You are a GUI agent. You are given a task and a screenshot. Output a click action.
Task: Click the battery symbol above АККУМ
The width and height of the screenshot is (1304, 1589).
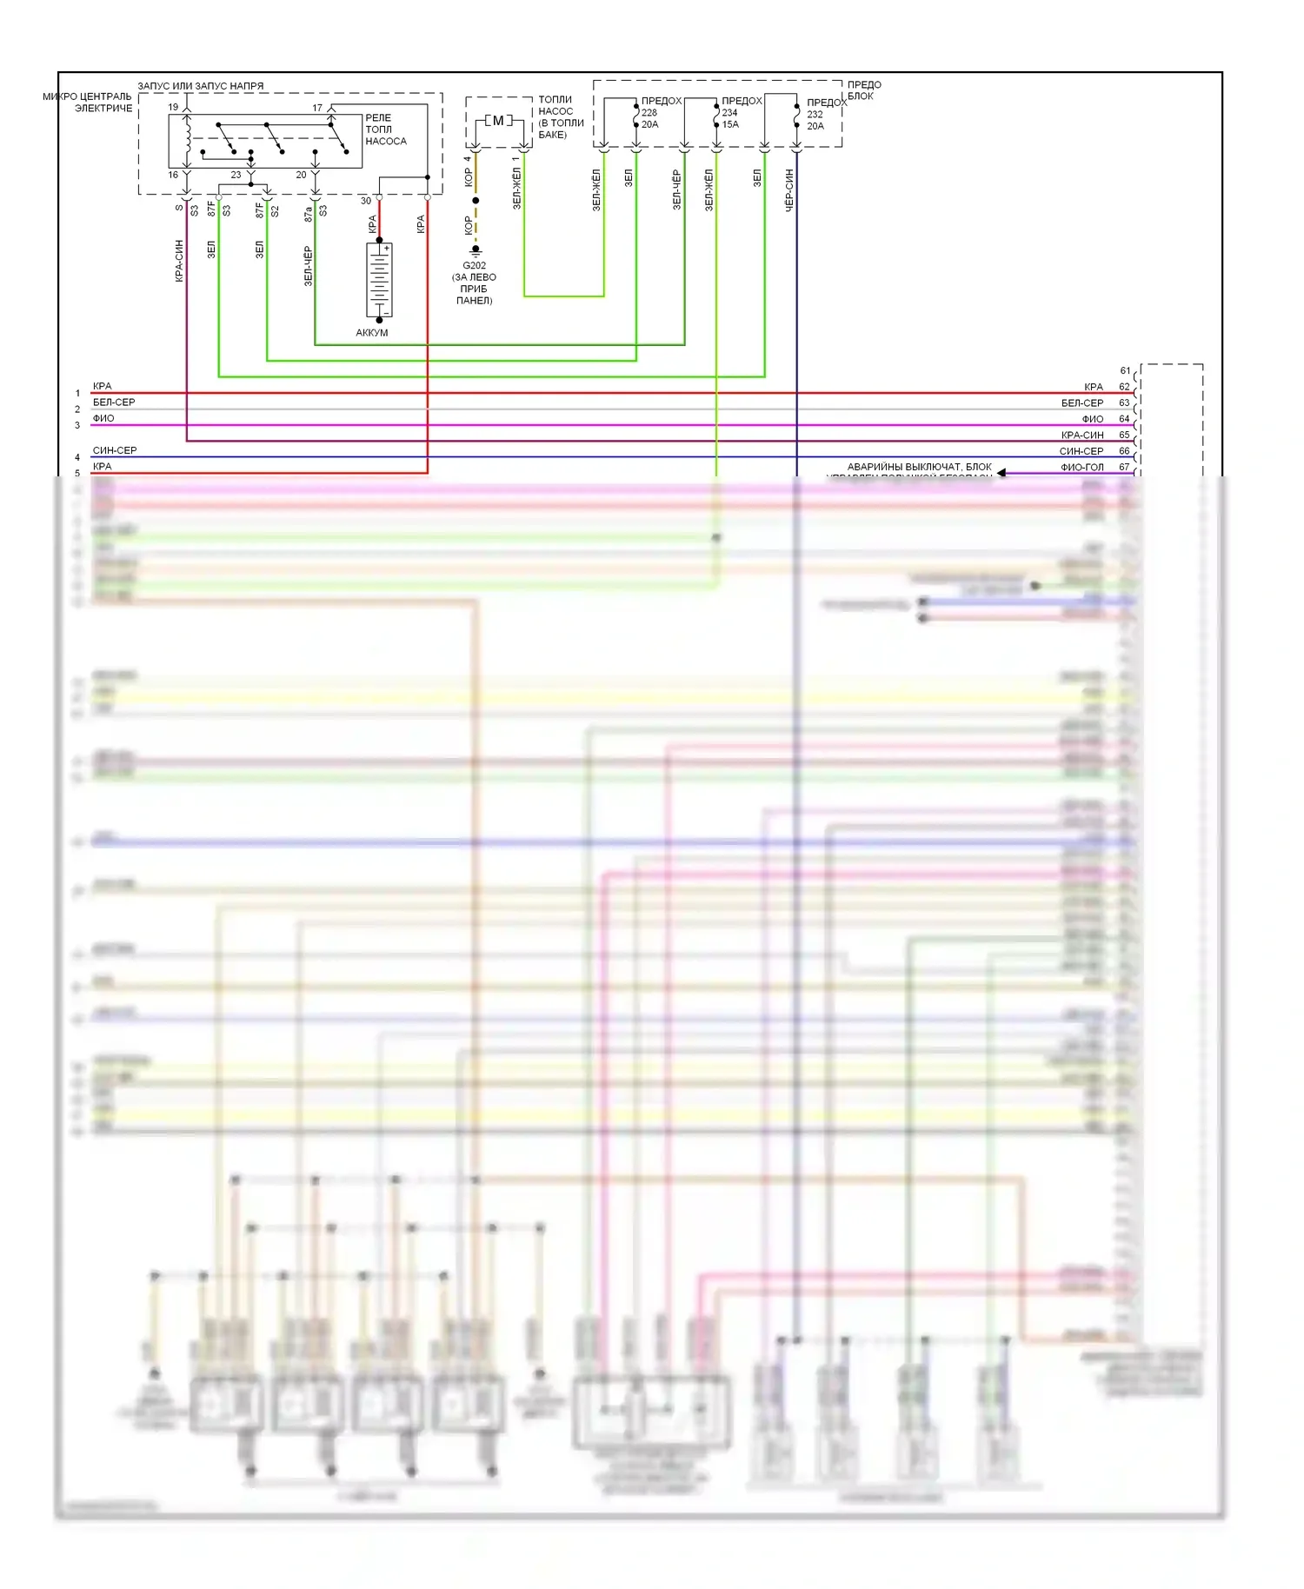point(379,279)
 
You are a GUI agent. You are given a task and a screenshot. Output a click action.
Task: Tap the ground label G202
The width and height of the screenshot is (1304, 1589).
point(475,265)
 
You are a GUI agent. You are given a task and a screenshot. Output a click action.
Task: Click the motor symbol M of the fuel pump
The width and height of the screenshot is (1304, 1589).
point(498,121)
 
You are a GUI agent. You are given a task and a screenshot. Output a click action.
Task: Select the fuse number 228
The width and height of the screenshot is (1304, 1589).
point(649,113)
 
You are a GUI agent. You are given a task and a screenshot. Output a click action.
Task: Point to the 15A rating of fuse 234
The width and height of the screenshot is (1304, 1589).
point(730,124)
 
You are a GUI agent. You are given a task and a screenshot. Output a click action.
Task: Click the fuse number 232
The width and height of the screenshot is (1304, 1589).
point(815,115)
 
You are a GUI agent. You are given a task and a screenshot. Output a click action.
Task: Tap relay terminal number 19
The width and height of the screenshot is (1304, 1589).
point(173,108)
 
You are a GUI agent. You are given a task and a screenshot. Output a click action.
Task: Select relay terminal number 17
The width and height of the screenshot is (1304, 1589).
point(317,108)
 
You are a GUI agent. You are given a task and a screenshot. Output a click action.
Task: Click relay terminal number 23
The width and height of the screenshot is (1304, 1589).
point(236,175)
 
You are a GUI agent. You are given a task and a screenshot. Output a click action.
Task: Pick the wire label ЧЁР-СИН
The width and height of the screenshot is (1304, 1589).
point(789,190)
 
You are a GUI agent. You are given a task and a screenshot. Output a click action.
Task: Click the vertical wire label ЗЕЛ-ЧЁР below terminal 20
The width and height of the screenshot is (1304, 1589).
point(308,265)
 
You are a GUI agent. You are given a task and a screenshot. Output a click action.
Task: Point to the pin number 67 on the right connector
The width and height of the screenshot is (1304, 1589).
point(1124,467)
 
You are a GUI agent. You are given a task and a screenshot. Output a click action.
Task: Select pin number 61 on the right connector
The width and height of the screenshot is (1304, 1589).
point(1125,370)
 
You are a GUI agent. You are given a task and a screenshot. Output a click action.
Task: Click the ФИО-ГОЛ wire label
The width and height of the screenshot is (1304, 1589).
point(1082,467)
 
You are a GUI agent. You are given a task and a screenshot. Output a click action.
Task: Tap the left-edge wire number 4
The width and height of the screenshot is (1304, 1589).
point(77,457)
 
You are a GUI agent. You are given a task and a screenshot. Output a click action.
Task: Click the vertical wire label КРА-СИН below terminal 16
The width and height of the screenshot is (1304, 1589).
point(179,260)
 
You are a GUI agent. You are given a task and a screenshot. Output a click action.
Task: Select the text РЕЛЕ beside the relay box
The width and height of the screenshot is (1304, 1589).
point(378,117)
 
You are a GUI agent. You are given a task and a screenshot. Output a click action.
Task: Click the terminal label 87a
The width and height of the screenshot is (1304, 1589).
point(309,214)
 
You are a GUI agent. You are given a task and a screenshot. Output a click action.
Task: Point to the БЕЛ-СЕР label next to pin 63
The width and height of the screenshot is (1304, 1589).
point(1082,402)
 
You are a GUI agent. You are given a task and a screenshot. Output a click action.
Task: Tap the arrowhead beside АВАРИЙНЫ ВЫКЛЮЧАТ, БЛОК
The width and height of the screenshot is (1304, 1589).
point(1001,473)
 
